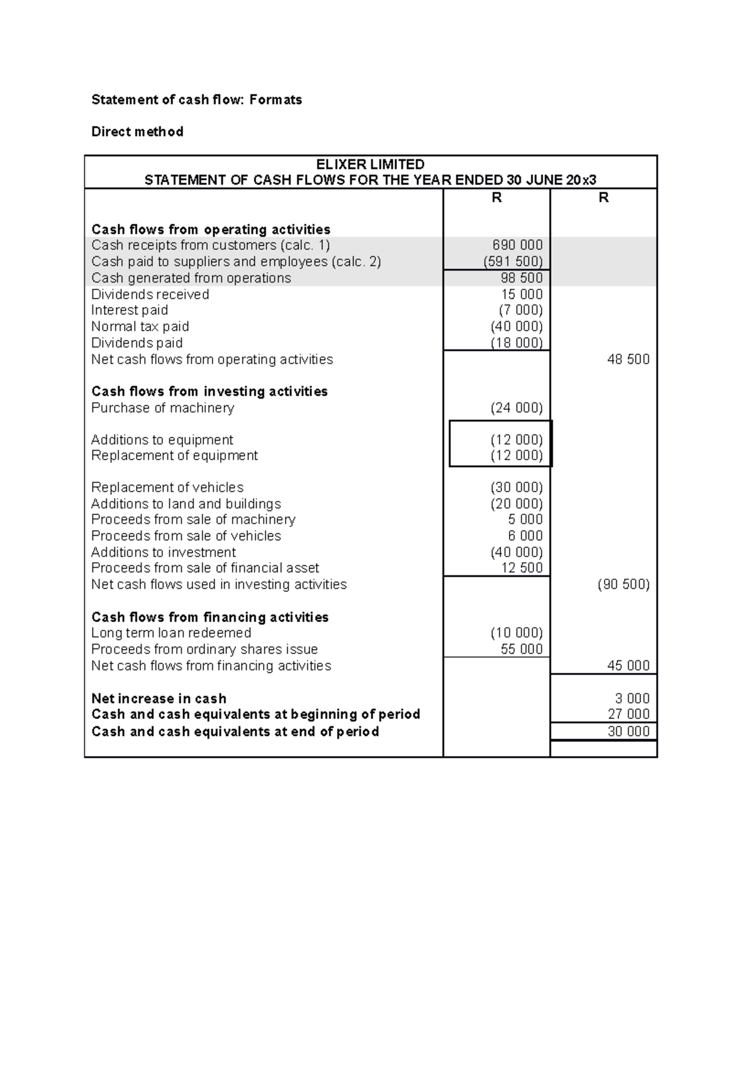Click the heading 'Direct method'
137,132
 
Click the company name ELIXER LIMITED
370,164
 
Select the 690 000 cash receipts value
517,245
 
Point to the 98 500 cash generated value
522,278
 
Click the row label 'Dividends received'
150,294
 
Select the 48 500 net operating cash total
628,359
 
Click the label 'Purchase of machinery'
162,408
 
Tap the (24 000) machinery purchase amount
517,408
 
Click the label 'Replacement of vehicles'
167,487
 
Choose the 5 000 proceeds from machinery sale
525,519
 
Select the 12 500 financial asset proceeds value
522,568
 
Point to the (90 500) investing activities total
623,584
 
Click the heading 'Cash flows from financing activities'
210,617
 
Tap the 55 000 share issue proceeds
522,649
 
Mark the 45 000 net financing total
628,665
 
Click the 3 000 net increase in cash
632,698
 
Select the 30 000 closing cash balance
628,731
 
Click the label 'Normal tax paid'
140,326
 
